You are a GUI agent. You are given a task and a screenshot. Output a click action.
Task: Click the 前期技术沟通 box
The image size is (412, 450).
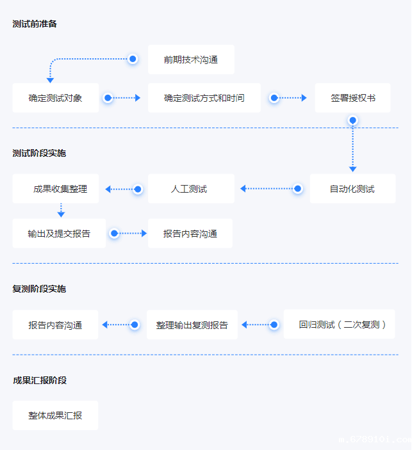tap(191, 60)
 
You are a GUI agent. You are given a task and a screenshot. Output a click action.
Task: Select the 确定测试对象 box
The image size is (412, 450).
tap(56, 98)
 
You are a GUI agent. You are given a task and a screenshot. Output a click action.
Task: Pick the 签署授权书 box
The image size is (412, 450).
tap(352, 98)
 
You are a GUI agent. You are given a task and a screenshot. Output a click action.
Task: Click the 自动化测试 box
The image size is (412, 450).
tap(352, 189)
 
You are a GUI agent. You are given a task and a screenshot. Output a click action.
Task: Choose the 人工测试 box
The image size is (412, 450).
tap(191, 189)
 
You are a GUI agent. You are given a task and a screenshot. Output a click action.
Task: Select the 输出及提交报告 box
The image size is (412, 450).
tap(59, 234)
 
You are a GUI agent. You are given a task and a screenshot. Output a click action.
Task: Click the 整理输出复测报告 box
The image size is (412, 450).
tap(192, 325)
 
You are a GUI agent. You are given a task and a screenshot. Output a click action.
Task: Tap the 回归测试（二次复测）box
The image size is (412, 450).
tap(340, 325)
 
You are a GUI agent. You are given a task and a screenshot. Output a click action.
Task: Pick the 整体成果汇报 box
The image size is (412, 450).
tap(55, 415)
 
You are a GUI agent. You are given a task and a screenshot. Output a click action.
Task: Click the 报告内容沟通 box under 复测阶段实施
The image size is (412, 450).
tap(55, 325)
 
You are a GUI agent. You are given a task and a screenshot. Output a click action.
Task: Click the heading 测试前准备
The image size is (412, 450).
tap(35, 24)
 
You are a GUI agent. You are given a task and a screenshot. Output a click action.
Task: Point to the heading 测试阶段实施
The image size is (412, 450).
tap(39, 153)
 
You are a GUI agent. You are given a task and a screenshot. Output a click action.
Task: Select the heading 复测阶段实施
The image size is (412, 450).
tap(39, 289)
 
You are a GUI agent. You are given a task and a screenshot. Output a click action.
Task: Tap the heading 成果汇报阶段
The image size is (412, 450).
tap(39, 380)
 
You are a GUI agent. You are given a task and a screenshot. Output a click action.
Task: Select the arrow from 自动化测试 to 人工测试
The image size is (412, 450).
tap(269, 189)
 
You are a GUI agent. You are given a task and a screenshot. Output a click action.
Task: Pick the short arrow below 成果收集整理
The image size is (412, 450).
tap(61, 210)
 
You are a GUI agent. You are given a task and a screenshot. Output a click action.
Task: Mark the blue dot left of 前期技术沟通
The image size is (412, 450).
tap(133, 59)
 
